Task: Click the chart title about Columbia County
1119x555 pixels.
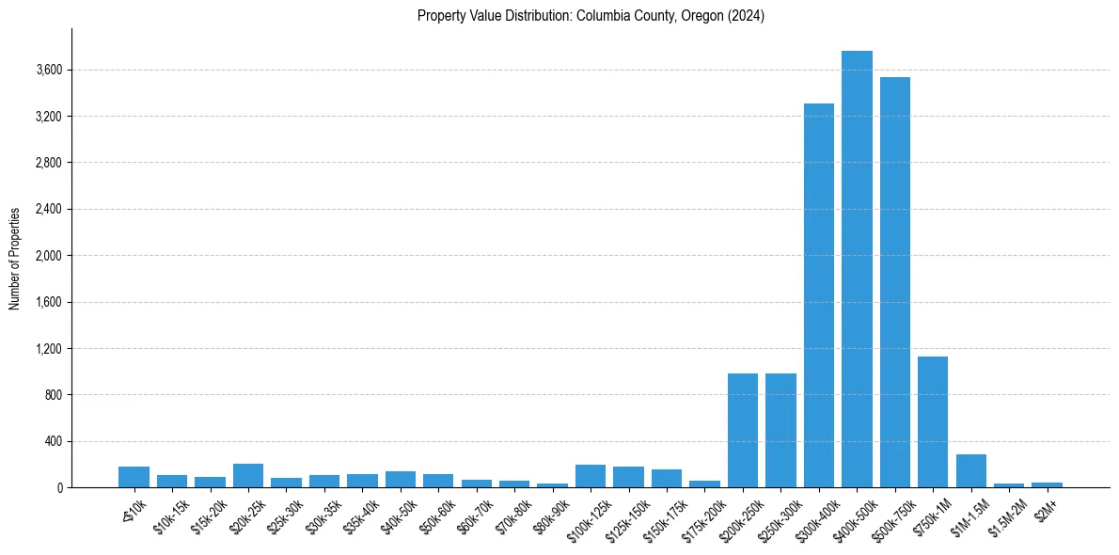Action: pos(591,16)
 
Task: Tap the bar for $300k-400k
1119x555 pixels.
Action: pos(819,295)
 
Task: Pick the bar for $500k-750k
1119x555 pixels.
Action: pos(895,282)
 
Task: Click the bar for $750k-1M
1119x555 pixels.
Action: pos(933,422)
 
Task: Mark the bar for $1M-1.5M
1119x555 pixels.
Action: pos(971,471)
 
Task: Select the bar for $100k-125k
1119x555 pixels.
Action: pos(591,476)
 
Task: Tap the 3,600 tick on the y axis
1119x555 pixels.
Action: pos(49,71)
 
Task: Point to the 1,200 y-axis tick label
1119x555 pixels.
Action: pos(49,349)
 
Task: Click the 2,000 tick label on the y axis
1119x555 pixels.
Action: pos(49,256)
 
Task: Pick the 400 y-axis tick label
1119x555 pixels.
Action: pos(54,441)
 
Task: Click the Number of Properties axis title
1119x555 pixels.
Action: pos(15,259)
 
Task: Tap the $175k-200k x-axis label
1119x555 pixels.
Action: pos(700,513)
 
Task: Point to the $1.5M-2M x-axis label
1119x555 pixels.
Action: pos(1004,511)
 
